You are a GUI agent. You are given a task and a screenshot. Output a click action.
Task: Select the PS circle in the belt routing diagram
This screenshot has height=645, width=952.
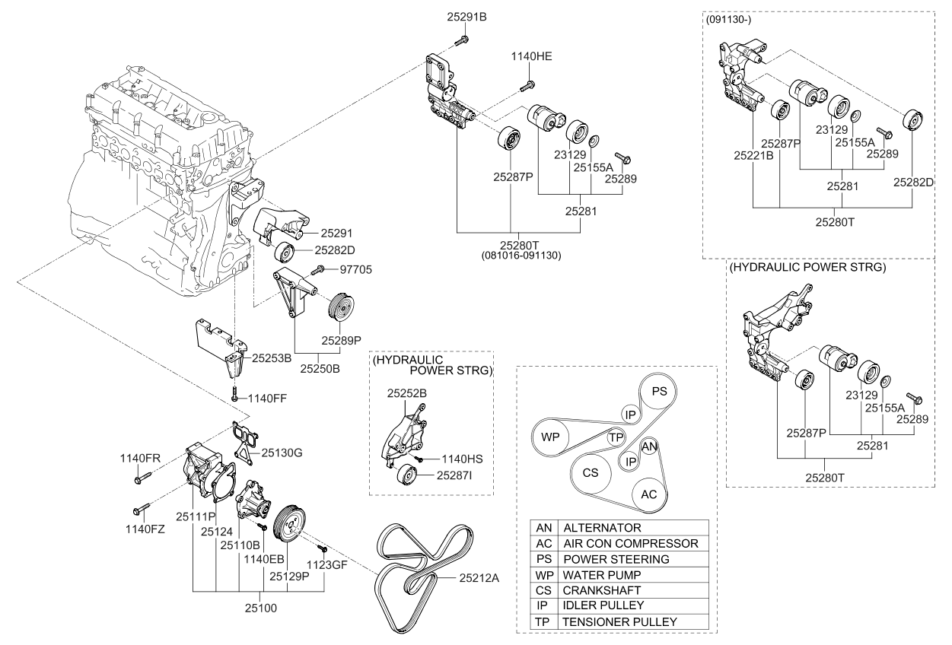(659, 392)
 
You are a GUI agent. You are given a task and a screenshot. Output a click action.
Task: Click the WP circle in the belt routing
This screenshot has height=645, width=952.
(552, 437)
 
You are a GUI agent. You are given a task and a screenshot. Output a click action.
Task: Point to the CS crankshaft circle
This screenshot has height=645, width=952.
(591, 472)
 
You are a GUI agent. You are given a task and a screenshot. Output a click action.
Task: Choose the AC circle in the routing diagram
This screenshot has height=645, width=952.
(649, 494)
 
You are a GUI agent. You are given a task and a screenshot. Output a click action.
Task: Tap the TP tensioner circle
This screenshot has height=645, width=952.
(616, 437)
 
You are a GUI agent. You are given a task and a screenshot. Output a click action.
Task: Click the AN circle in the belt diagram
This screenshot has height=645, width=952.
(649, 446)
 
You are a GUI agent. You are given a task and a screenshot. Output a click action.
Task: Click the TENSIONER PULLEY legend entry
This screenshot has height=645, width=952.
(619, 621)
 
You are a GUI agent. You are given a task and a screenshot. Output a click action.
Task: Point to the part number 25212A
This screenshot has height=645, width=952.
(479, 578)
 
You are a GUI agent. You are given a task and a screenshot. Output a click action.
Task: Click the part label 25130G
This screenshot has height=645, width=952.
(282, 453)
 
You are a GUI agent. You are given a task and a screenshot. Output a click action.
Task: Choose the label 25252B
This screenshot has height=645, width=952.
(406, 393)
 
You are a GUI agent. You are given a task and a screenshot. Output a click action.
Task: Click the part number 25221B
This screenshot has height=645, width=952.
(753, 156)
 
